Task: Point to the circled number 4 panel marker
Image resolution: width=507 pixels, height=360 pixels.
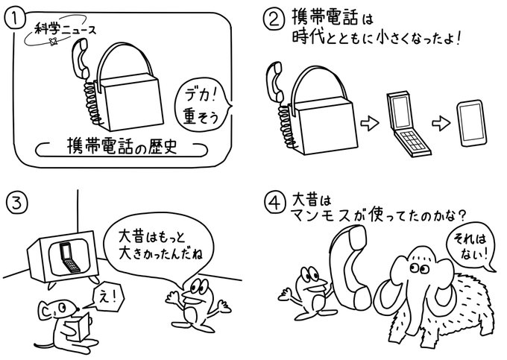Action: pos(274,202)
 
